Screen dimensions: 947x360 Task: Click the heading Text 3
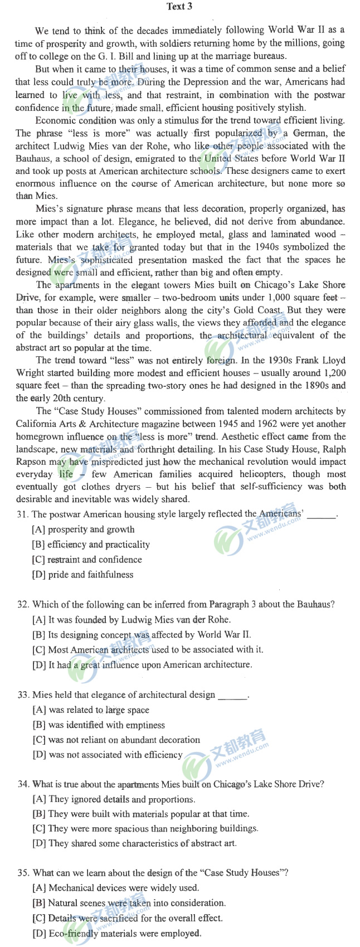coord(179,7)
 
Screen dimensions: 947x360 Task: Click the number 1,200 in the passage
coord(333,373)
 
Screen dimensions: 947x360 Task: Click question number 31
coord(23,514)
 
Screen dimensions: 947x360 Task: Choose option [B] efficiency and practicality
coord(91,545)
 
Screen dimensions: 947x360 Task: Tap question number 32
coord(23,605)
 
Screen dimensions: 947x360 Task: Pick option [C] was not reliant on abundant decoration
coord(116,740)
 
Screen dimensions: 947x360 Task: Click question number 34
coord(23,784)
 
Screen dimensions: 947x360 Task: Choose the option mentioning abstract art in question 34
coord(134,844)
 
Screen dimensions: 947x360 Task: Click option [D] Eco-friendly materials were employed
coord(117,933)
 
